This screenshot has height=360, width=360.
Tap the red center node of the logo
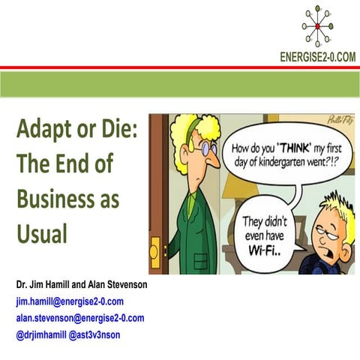318,26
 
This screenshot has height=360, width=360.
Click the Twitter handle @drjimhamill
43,334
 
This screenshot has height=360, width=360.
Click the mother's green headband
196,122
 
